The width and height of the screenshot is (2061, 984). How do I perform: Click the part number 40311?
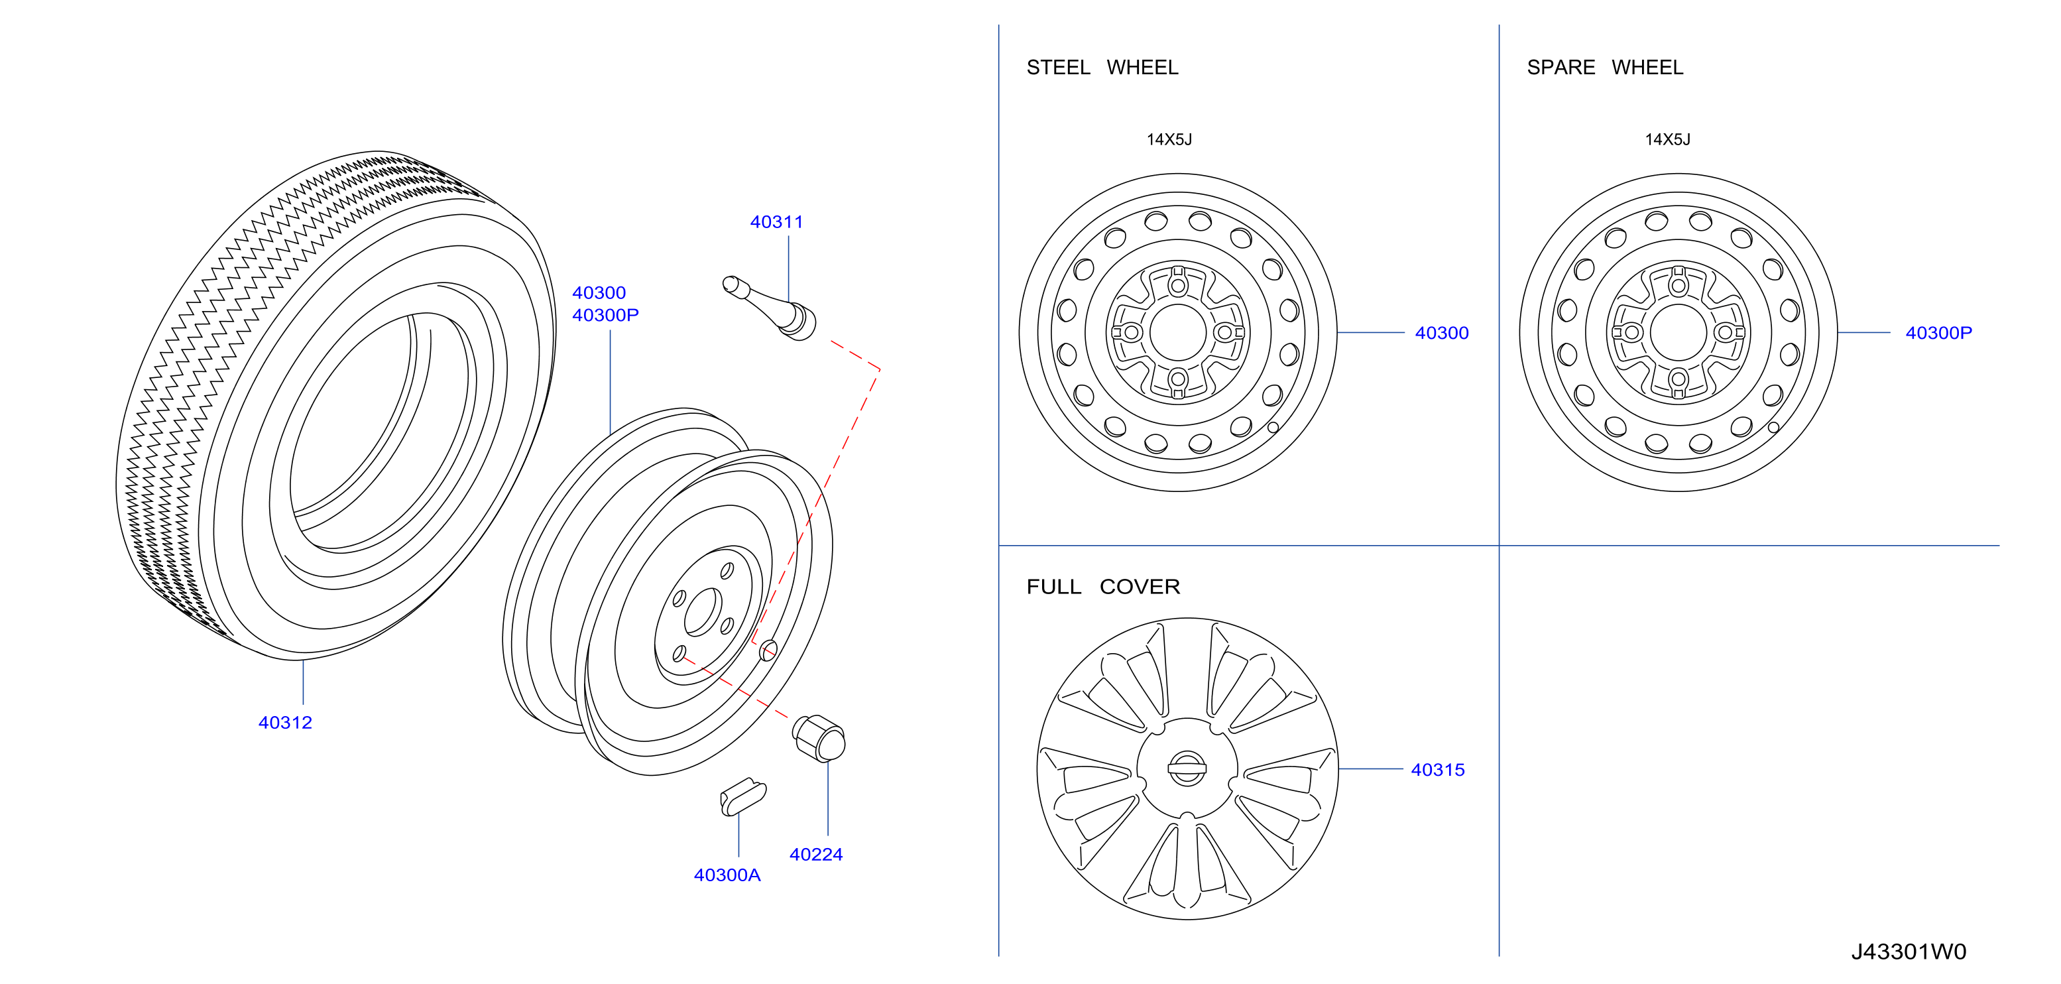point(776,221)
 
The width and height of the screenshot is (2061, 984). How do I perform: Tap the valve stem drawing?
point(769,308)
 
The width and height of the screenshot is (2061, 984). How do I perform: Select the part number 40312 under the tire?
point(285,722)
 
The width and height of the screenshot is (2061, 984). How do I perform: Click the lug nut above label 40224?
point(819,737)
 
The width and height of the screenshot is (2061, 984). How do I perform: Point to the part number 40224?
point(816,855)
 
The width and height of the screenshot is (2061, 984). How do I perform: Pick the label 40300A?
point(727,875)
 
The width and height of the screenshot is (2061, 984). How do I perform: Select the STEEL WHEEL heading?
point(1102,67)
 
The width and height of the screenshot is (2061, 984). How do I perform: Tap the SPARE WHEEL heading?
point(1605,67)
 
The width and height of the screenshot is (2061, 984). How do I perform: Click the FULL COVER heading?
point(1103,586)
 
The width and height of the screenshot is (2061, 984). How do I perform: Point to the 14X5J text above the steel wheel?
point(1169,139)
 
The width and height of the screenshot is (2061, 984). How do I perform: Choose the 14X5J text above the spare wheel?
point(1667,139)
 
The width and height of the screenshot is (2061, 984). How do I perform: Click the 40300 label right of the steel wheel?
point(1442,333)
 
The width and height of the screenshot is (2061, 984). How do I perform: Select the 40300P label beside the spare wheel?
point(1938,333)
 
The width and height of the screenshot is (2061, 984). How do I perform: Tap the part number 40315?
point(1438,770)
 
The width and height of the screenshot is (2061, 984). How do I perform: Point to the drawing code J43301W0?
point(1908,952)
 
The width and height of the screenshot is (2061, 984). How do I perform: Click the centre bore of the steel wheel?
point(1178,332)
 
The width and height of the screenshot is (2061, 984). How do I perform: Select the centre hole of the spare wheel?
point(1678,332)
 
